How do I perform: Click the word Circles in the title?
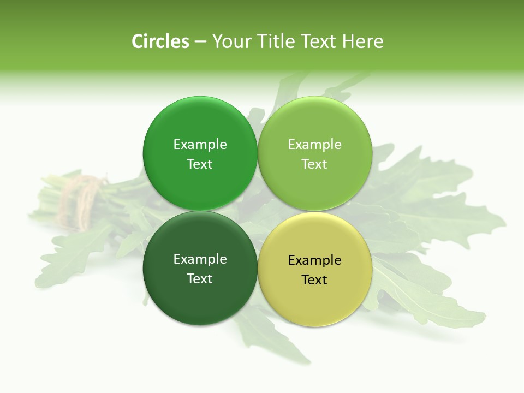click(x=160, y=41)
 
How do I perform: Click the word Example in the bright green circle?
click(x=200, y=144)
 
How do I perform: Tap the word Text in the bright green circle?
click(x=200, y=164)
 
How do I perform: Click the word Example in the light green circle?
click(x=314, y=144)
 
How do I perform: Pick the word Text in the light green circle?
click(x=314, y=164)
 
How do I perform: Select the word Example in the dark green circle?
click(x=200, y=259)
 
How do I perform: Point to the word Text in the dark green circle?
click(x=200, y=278)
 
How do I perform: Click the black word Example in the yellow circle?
click(x=314, y=260)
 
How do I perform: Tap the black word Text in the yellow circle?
click(x=314, y=279)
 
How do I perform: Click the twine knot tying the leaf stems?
click(x=82, y=194)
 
